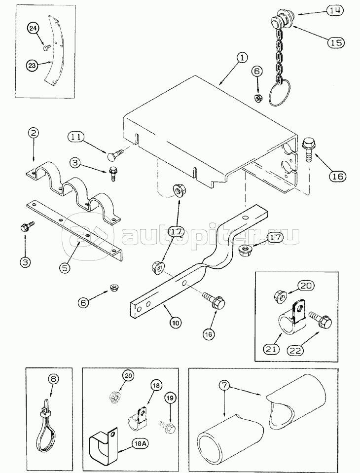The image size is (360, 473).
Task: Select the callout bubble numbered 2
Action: click(x=33, y=133)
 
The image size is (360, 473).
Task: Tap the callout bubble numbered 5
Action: click(x=64, y=269)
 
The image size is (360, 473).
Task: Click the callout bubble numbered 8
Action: click(x=53, y=379)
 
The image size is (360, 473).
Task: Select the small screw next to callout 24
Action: click(x=47, y=47)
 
